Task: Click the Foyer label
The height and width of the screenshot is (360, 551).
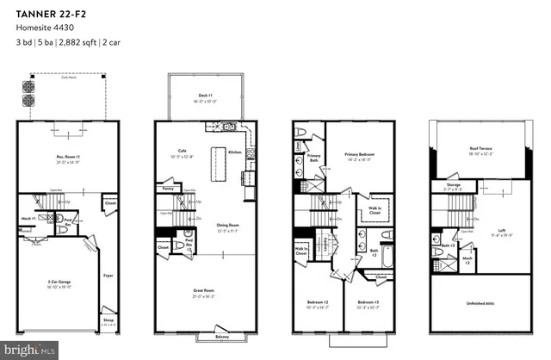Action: tap(108, 276)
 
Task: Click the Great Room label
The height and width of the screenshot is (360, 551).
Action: tap(203, 292)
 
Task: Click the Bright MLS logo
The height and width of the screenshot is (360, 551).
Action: tap(30, 350)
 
